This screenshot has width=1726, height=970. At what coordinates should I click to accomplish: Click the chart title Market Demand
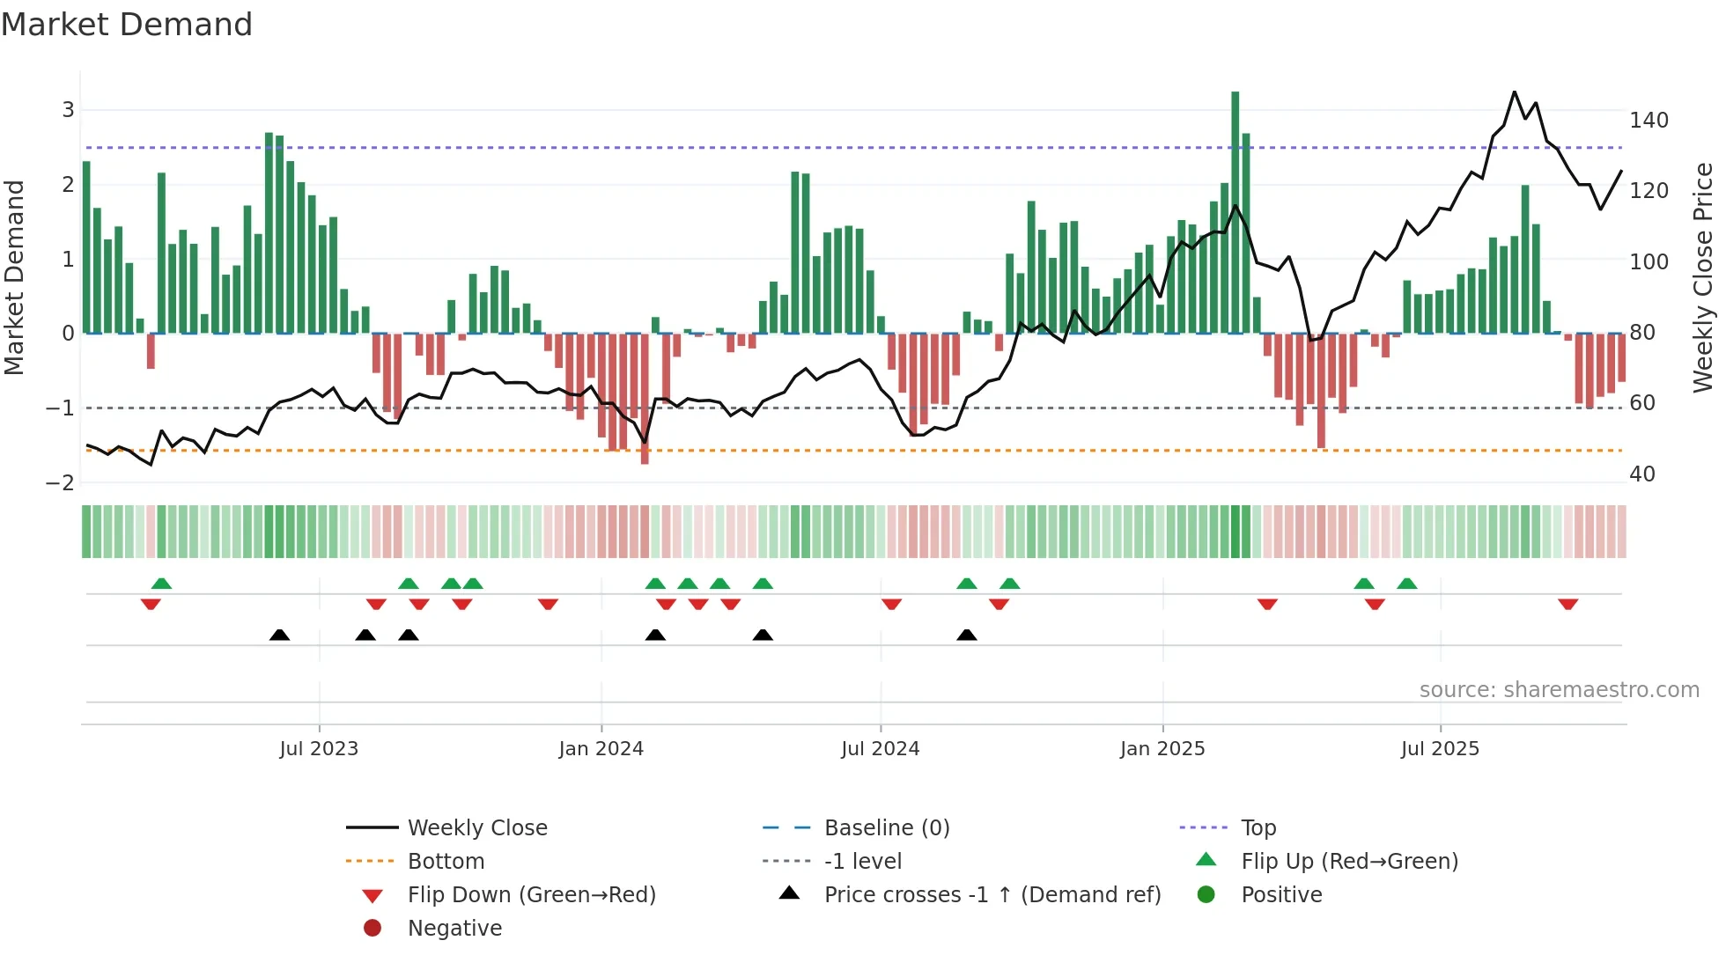127,25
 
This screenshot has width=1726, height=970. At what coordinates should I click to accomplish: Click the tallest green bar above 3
1235,211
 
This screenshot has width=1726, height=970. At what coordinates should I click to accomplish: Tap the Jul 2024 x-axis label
880,749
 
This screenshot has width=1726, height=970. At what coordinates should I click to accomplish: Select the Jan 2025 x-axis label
1162,749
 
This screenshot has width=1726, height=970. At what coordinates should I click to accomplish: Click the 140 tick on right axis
1649,121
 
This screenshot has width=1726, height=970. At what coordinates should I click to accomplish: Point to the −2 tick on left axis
61,483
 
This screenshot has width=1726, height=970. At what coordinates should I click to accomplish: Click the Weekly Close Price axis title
1703,277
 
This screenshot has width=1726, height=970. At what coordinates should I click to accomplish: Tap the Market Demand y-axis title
15,277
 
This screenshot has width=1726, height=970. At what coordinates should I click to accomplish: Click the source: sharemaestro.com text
1559,690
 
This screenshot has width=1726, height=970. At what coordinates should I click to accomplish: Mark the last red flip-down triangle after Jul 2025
1567,604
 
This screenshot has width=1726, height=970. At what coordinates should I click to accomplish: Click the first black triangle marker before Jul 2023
279,635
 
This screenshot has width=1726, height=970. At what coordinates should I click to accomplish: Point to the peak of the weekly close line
1515,92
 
